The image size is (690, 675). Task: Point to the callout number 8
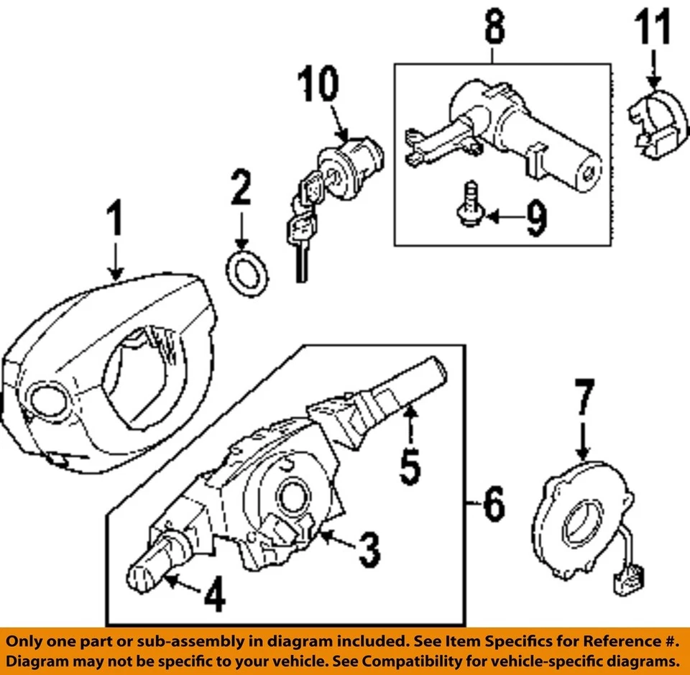(x=493, y=29)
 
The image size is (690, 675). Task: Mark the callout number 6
(x=493, y=506)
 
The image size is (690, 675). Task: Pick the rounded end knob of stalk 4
(x=140, y=576)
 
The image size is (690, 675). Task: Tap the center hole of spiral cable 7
(x=579, y=527)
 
